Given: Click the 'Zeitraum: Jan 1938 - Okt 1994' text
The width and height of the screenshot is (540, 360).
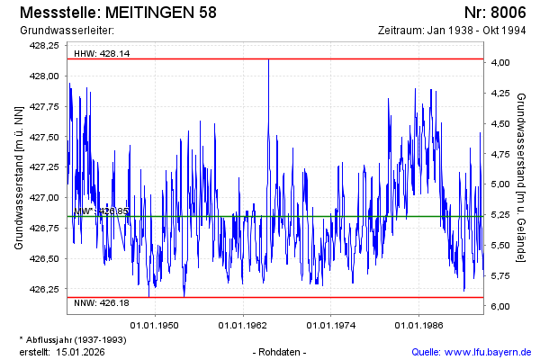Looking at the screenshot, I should coord(452,31).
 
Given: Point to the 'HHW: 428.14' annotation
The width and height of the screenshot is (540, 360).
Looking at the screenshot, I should coord(102,54).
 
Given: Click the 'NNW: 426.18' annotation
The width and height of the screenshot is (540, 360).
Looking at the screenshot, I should coord(102,302).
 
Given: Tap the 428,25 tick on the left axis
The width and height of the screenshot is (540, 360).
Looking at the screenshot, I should coord(44,45).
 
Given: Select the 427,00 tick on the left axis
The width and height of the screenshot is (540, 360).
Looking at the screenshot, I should coord(44,197).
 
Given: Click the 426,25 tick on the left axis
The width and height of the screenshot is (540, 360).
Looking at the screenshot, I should coord(44,289).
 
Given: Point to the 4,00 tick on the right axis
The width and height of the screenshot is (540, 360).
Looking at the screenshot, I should coord(500,62).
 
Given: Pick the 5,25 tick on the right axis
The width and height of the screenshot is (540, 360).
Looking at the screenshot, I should coord(500,214).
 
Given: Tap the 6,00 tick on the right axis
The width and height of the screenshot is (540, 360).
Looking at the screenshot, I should coord(500,306).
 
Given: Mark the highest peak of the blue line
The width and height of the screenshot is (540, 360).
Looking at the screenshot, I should coord(268,60).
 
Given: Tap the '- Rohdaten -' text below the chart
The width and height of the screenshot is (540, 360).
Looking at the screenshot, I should coord(281,352).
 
